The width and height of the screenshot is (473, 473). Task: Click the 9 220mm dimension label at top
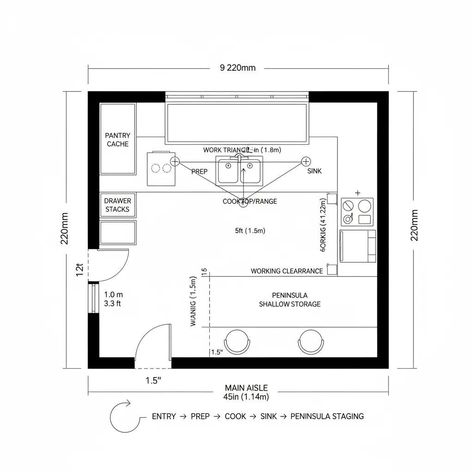point(237,68)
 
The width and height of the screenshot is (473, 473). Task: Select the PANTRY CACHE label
point(118,140)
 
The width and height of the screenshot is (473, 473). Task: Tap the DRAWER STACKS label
point(117,205)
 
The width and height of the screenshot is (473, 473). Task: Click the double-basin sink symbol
point(239,171)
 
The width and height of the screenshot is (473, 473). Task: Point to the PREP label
point(199,171)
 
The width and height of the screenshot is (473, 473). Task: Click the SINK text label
point(314,171)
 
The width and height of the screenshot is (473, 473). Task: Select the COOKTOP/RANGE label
point(250,201)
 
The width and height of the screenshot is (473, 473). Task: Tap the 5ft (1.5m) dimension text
point(250,230)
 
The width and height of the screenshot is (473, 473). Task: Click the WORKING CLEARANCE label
point(287,271)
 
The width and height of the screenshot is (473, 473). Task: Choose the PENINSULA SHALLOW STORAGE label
point(290,300)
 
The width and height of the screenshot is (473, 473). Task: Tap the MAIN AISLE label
point(246,388)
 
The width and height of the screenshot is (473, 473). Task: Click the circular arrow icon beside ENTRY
point(124,416)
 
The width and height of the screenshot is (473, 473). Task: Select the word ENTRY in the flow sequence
point(164,417)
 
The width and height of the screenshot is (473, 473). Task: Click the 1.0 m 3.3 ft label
point(113,299)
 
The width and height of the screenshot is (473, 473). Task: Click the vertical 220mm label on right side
point(414,225)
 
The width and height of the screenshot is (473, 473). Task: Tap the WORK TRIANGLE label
point(226,150)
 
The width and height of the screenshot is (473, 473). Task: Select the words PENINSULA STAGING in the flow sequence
point(327,417)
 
